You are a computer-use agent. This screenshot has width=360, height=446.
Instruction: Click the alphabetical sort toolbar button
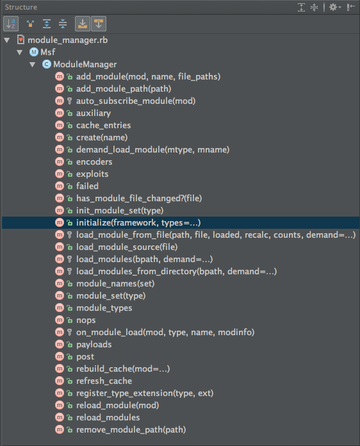[11, 24]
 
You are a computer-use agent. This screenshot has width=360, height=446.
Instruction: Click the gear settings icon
[333, 7]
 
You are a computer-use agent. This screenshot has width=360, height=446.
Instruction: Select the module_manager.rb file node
[68, 40]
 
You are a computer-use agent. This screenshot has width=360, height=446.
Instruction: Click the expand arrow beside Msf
[20, 53]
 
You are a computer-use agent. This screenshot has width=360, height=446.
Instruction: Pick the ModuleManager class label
[85, 64]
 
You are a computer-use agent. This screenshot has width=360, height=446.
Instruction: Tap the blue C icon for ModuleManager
[47, 64]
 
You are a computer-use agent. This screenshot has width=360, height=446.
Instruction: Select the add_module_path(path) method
[124, 88]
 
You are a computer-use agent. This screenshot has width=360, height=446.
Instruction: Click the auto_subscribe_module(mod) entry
[136, 101]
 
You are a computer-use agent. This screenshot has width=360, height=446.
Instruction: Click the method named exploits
[92, 174]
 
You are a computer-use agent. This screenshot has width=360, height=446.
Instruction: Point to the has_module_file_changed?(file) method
[139, 198]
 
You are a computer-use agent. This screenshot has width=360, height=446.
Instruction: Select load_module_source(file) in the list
[127, 247]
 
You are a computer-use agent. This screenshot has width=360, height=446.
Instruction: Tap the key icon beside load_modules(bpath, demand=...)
[69, 259]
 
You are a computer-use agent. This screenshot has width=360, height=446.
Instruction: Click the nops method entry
[86, 320]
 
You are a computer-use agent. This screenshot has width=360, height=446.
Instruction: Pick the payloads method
[94, 345]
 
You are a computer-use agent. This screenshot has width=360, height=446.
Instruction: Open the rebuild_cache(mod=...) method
[123, 369]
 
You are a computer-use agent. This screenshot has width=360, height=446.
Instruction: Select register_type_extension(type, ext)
[145, 393]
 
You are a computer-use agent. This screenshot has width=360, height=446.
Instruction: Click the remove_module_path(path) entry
[131, 429]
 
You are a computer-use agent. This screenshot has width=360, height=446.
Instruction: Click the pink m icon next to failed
[60, 186]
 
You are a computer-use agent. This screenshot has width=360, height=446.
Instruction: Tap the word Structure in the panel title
[20, 7]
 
